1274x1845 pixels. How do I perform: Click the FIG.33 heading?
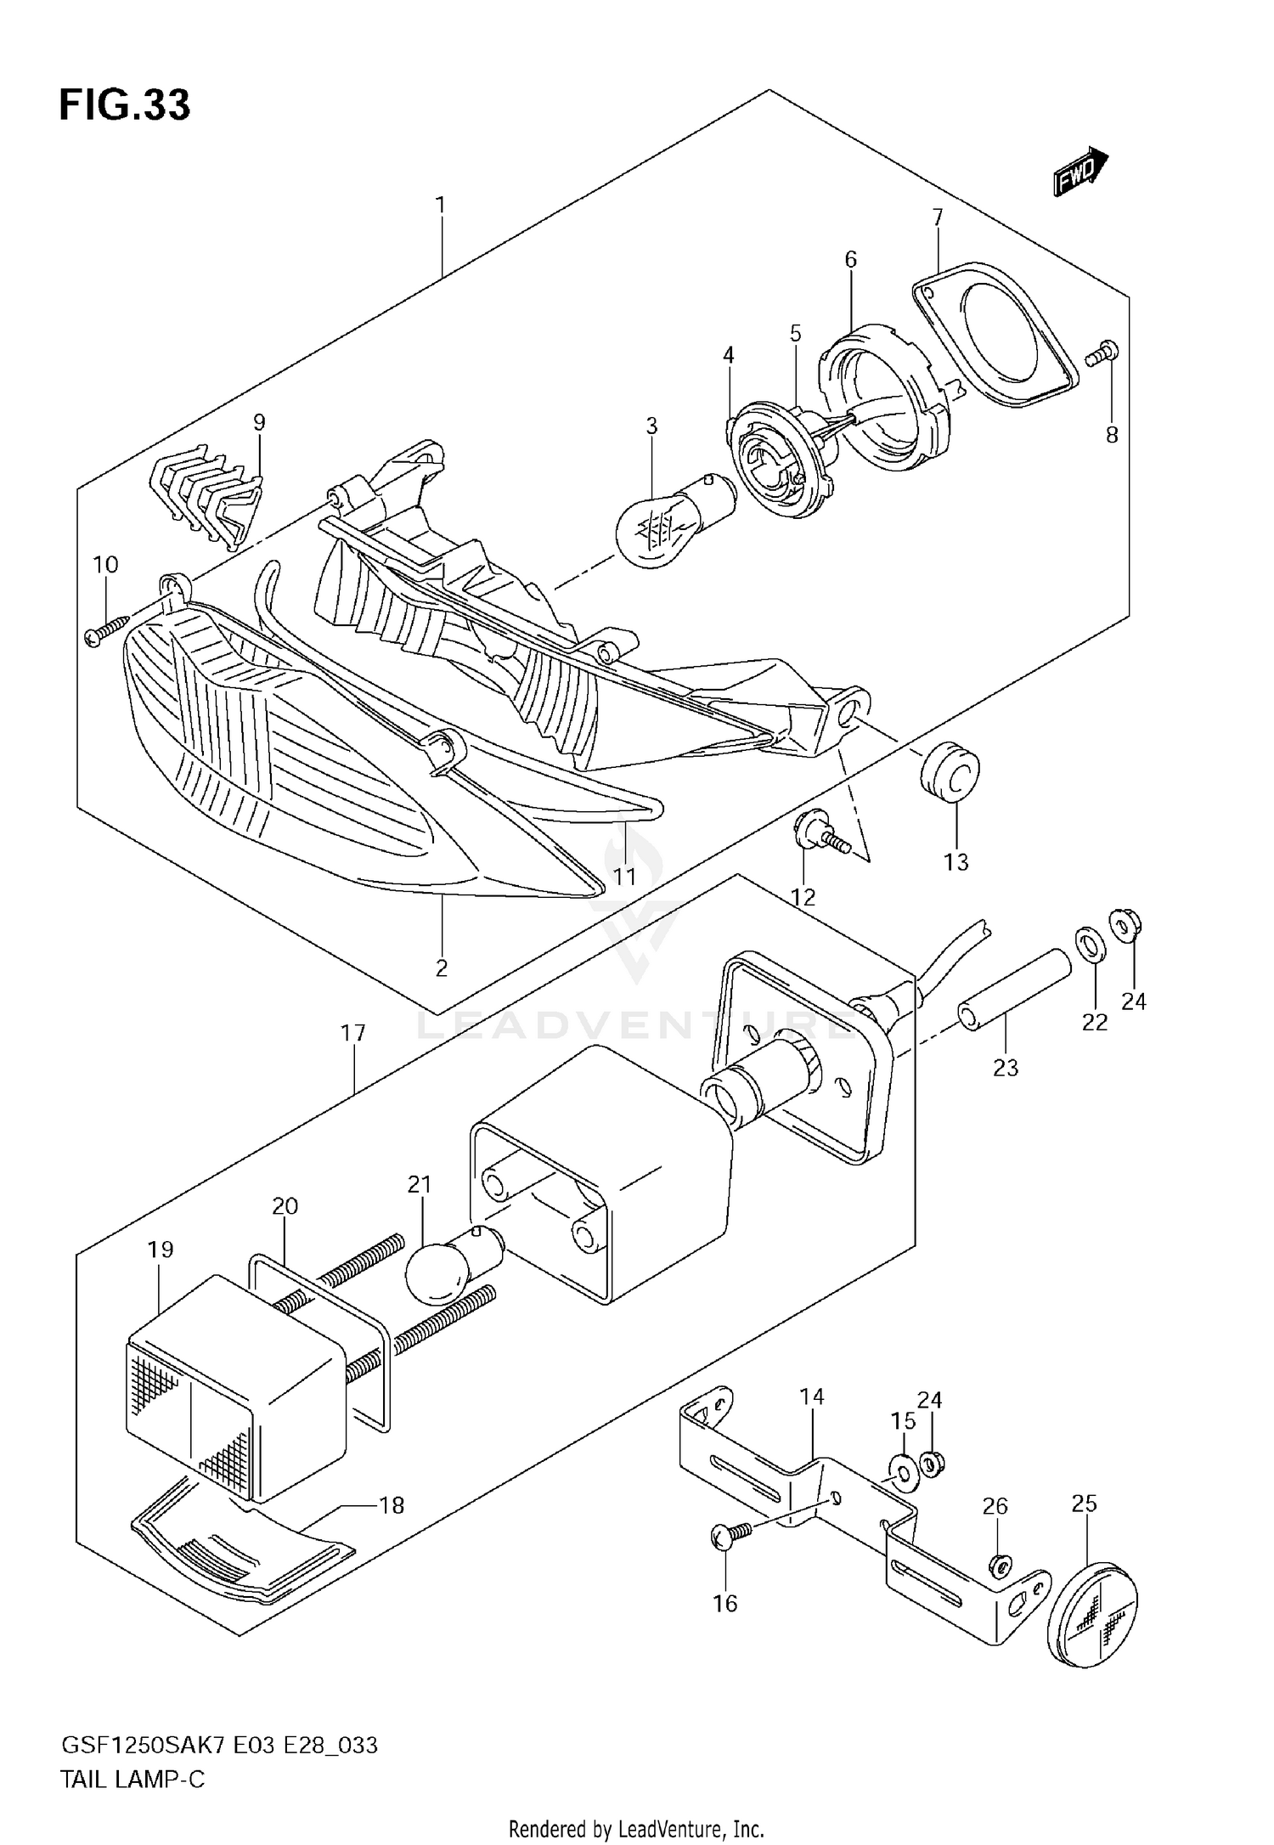tap(125, 105)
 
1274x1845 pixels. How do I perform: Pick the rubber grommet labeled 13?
tap(950, 770)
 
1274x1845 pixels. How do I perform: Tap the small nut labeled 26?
tap(998, 1562)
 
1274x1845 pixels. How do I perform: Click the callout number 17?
tap(353, 1033)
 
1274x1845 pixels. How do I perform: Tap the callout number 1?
tap(440, 205)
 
